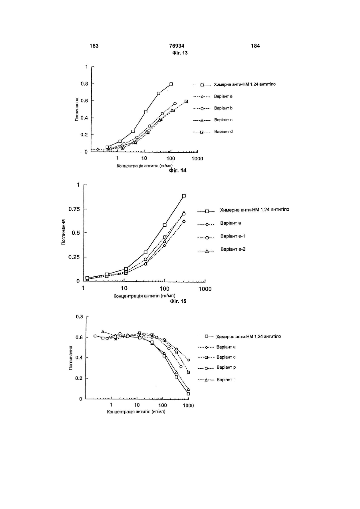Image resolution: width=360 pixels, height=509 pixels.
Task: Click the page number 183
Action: click(x=94, y=46)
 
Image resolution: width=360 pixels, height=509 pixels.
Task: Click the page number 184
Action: click(x=255, y=46)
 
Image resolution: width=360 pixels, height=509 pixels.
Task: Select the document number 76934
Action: click(x=177, y=46)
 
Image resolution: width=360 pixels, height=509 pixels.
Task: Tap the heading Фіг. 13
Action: click(x=180, y=53)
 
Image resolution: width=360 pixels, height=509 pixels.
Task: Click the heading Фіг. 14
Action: click(x=178, y=170)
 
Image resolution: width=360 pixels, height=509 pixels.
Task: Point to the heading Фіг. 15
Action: click(x=178, y=301)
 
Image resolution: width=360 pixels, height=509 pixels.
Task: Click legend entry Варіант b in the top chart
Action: click(x=223, y=108)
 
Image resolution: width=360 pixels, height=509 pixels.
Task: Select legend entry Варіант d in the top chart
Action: click(x=223, y=132)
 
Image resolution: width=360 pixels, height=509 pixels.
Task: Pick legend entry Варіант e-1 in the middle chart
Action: click(x=233, y=236)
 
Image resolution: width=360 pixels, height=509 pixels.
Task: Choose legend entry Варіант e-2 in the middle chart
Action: click(x=233, y=249)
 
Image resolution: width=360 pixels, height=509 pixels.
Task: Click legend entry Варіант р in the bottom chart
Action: click(x=226, y=367)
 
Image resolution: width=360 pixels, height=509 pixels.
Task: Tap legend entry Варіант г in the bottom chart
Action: click(x=226, y=379)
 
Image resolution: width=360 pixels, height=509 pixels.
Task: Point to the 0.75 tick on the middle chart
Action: click(x=74, y=209)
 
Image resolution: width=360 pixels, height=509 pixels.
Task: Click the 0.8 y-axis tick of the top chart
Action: click(x=84, y=84)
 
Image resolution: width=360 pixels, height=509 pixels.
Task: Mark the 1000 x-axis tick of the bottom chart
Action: click(x=188, y=405)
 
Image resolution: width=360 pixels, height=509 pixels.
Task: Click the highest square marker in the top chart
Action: click(x=171, y=84)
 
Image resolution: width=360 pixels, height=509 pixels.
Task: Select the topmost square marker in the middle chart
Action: click(x=184, y=196)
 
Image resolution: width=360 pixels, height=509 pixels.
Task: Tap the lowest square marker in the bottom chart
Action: click(x=188, y=394)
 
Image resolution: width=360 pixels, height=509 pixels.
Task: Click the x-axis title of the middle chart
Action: click(x=144, y=295)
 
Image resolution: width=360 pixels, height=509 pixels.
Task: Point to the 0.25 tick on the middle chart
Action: click(x=74, y=257)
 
